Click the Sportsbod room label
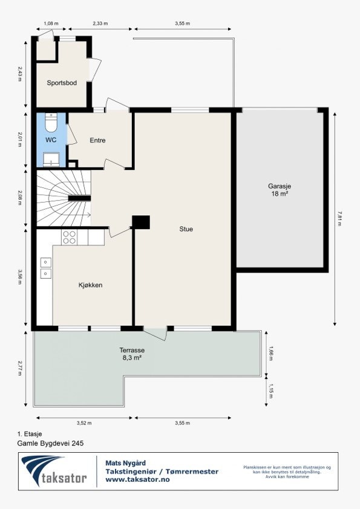tap(62, 83)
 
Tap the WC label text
tap(51, 140)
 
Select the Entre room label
tap(97, 140)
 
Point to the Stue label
tap(186, 229)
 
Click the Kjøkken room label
tap(90, 285)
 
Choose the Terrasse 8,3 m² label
tap(131, 354)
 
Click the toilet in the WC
tap(51, 123)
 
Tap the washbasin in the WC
tap(51, 160)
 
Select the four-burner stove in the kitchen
tap(70, 237)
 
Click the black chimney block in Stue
tap(141, 222)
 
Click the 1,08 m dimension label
tap(51, 24)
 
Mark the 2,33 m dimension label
tap(100, 24)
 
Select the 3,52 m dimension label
tap(85, 423)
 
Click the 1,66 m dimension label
tap(270, 352)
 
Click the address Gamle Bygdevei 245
tap(50, 443)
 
